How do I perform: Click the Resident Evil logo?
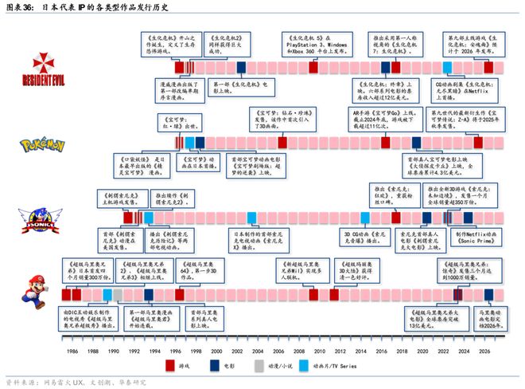pos(31,68)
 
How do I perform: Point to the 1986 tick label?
pos(72,351)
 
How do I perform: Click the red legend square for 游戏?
pos(170,365)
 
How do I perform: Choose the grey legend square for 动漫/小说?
pos(259,365)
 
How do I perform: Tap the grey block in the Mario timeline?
pos(118,294)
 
